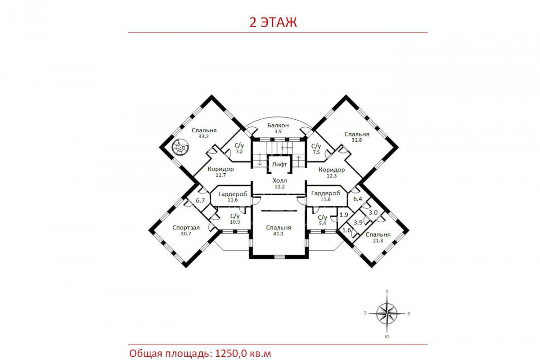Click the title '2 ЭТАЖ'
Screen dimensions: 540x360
[x=273, y=22]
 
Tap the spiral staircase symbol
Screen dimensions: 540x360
[x=180, y=147]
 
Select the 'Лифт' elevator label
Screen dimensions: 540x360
[x=279, y=164]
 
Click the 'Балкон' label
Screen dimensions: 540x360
[x=278, y=126]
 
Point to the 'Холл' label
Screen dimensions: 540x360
[x=279, y=180]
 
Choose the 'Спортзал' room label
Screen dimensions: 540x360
[x=186, y=228]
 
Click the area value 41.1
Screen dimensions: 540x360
[x=278, y=234]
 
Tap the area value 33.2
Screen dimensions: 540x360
[x=204, y=136]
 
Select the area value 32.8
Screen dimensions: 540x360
[x=357, y=140]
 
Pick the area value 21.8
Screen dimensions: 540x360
[x=378, y=240]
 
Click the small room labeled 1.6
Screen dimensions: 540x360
[x=346, y=230]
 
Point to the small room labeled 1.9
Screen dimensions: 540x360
[x=344, y=215]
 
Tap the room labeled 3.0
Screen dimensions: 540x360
[x=373, y=213]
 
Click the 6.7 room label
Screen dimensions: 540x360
[x=200, y=200]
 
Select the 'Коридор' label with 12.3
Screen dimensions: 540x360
[x=332, y=170]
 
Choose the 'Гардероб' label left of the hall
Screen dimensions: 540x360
[x=233, y=194]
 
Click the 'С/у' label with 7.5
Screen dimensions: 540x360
[x=316, y=146]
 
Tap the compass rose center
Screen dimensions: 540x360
[x=387, y=314]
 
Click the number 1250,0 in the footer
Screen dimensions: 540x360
[x=231, y=354]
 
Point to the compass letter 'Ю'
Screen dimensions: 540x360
[x=387, y=337]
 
